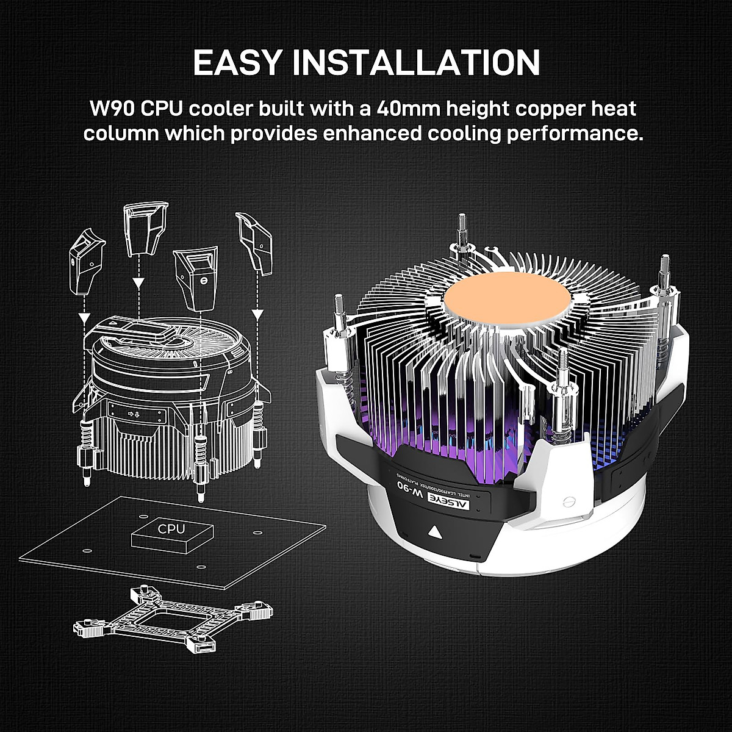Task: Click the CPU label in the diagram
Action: click(x=171, y=528)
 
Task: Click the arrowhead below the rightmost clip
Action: click(x=257, y=314)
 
